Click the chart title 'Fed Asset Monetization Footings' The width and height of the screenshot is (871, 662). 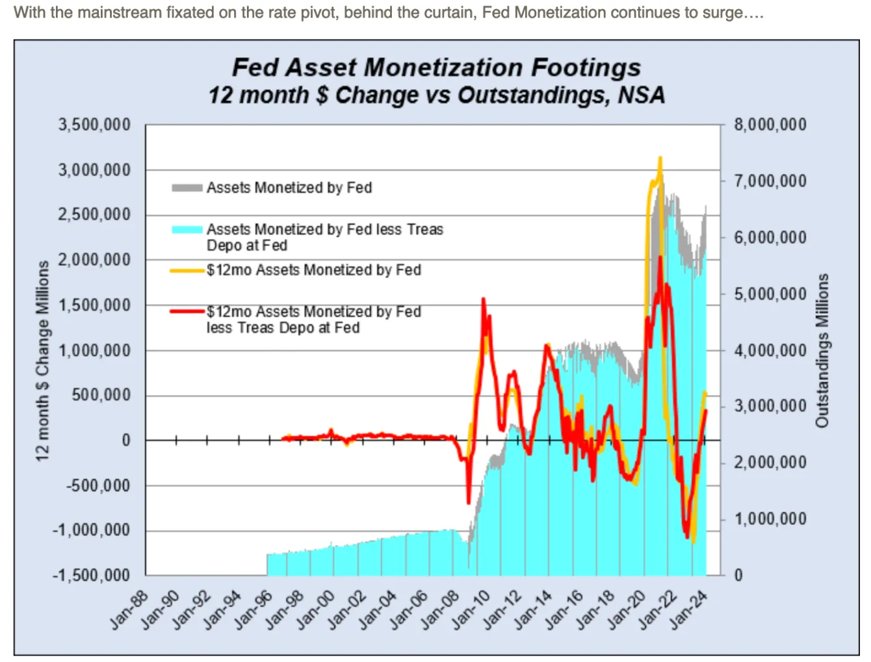(436, 68)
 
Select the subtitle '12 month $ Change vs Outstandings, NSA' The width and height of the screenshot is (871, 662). (436, 95)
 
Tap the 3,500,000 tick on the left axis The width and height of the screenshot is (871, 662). (94, 125)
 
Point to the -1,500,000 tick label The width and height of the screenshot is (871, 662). (92, 576)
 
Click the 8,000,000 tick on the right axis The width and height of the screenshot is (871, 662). (770, 125)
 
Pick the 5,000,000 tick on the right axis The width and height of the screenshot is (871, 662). (770, 294)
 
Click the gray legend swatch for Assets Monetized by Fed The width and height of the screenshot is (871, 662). (187, 188)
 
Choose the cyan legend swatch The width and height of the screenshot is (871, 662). (187, 229)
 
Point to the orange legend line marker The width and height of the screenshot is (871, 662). (187, 270)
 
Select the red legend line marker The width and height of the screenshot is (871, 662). (187, 312)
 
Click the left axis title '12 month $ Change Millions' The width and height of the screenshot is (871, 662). (43, 361)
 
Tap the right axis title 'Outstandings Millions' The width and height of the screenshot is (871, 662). (822, 351)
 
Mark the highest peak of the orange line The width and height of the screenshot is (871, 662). (660, 158)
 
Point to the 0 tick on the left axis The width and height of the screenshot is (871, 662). (126, 440)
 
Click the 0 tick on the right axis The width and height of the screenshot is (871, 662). (738, 576)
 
